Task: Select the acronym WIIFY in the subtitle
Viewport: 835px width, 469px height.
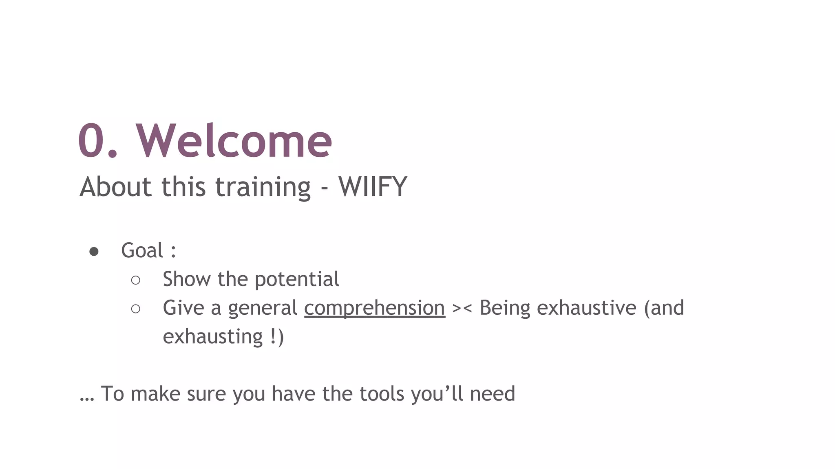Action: (373, 187)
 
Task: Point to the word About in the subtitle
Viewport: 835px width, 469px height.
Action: (116, 187)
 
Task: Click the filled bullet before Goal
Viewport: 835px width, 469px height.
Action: (94, 252)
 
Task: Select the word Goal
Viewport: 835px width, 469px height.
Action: (142, 250)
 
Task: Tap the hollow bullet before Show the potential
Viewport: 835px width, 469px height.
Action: (136, 280)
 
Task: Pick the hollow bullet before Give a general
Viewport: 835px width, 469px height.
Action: (136, 309)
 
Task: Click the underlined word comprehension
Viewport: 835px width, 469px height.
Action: (374, 308)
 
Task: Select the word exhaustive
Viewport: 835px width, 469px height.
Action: (586, 308)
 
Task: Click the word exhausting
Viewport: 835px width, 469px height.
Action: (212, 337)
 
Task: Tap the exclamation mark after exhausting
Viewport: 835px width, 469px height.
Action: (272, 337)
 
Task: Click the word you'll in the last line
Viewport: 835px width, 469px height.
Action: (437, 394)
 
